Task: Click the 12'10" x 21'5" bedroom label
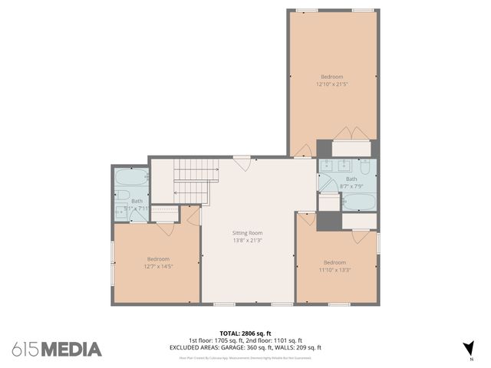[332, 77]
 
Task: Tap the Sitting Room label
[247, 232]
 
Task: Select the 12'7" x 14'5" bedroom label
[158, 259]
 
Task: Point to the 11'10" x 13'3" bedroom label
[334, 262]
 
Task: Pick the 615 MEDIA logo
[57, 350]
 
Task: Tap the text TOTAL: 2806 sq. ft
[245, 333]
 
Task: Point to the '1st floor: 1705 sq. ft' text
[216, 340]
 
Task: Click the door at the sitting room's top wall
[242, 163]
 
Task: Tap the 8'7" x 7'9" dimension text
[351, 185]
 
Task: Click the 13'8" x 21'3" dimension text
[247, 239]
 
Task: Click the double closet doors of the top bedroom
[353, 133]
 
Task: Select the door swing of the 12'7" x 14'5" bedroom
[166, 228]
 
